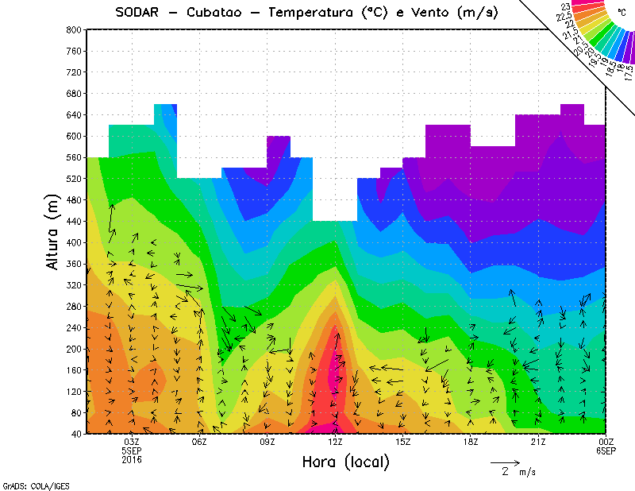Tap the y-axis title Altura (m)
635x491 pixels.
tap(53, 230)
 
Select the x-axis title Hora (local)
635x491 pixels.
tap(345, 462)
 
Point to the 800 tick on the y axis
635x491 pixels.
tap(73, 29)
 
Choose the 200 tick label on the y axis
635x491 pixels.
tap(73, 349)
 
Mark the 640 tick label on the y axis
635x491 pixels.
tap(73, 114)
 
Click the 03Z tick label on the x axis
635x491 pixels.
tap(133, 442)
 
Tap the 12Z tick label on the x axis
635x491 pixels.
tap(335, 442)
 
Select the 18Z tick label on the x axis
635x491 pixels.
tap(471, 442)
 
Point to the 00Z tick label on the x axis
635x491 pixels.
tap(606, 442)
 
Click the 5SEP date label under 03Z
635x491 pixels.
tap(133, 450)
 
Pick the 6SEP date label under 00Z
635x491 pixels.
tap(606, 450)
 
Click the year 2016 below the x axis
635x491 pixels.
tap(133, 459)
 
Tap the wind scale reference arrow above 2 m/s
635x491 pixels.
tap(505, 461)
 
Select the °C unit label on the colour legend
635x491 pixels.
tap(622, 13)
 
